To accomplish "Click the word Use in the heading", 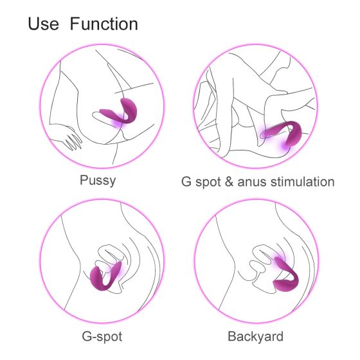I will point(44,25).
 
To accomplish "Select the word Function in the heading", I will point(104,25).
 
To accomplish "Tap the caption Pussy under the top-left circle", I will point(98,180).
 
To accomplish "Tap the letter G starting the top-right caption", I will point(186,182).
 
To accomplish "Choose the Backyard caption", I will point(255,336).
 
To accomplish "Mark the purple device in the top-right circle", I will point(283,135).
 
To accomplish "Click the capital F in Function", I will point(75,25).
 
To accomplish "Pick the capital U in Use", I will point(34,25).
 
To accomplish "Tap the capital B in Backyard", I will point(232,336).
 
